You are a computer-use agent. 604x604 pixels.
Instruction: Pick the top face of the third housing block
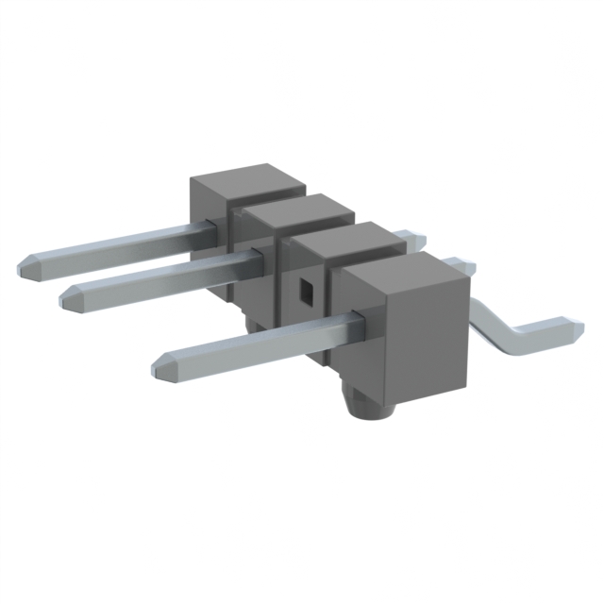click(345, 242)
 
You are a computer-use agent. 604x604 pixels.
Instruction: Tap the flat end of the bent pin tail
click(572, 329)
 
